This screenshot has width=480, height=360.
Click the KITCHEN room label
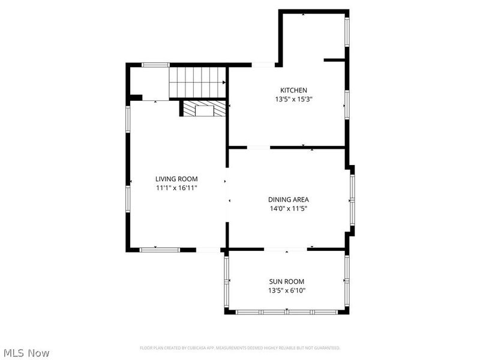click(289, 90)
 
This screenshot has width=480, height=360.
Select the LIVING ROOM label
click(176, 179)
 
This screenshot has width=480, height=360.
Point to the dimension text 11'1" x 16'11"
click(176, 188)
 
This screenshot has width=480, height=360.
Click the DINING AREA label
click(289, 200)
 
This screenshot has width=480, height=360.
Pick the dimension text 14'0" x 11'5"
click(289, 209)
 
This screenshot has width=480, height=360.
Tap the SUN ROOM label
click(286, 281)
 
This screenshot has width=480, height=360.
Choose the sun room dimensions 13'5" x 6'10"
click(286, 291)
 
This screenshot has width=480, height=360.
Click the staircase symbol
click(197, 82)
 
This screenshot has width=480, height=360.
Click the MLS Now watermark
click(26, 353)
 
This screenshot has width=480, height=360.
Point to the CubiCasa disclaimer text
click(240, 348)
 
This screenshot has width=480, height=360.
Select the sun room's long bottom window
click(287, 312)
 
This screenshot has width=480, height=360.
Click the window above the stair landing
click(155, 64)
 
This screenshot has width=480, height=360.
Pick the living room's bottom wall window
click(160, 249)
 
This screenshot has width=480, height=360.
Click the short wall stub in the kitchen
click(335, 60)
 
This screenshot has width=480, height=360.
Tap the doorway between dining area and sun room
click(286, 249)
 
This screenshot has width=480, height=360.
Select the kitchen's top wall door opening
click(263, 64)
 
